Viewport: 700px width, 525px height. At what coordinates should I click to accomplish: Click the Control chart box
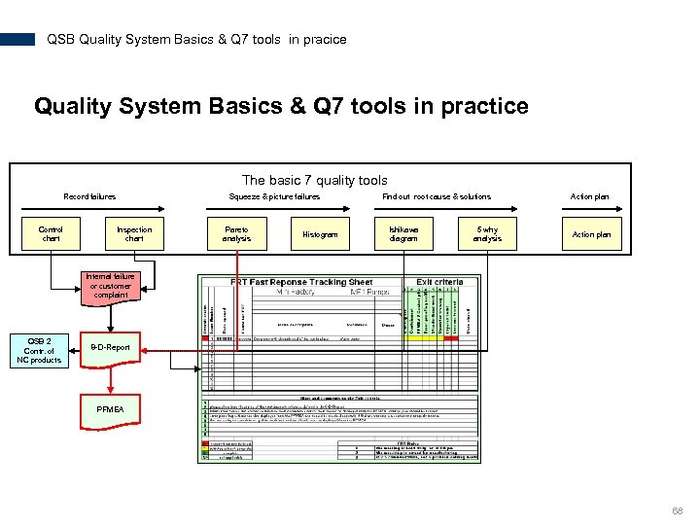click(x=51, y=234)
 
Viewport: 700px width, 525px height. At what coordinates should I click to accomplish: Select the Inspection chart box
click(x=134, y=234)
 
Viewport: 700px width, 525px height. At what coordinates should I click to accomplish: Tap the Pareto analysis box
click(x=236, y=234)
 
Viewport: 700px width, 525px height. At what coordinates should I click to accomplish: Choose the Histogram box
click(x=320, y=234)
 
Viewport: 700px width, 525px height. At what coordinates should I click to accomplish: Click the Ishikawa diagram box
click(x=403, y=234)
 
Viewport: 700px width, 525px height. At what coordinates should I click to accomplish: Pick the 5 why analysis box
click(x=487, y=234)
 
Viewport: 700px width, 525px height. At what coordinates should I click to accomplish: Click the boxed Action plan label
click(x=591, y=234)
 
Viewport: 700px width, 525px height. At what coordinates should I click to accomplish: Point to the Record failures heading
click(x=89, y=196)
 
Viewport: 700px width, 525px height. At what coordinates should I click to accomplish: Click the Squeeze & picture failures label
click(x=274, y=196)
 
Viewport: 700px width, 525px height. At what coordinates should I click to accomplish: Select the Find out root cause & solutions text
click(x=437, y=196)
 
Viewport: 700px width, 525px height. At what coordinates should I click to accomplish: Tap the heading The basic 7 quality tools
click(x=314, y=180)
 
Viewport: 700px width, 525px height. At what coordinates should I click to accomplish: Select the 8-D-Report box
click(x=110, y=347)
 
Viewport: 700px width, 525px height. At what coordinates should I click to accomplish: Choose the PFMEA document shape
click(x=110, y=408)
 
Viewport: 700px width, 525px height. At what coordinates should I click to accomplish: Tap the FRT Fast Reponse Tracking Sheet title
click(x=301, y=282)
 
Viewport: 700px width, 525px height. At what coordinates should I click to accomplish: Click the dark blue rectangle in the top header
click(x=17, y=40)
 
